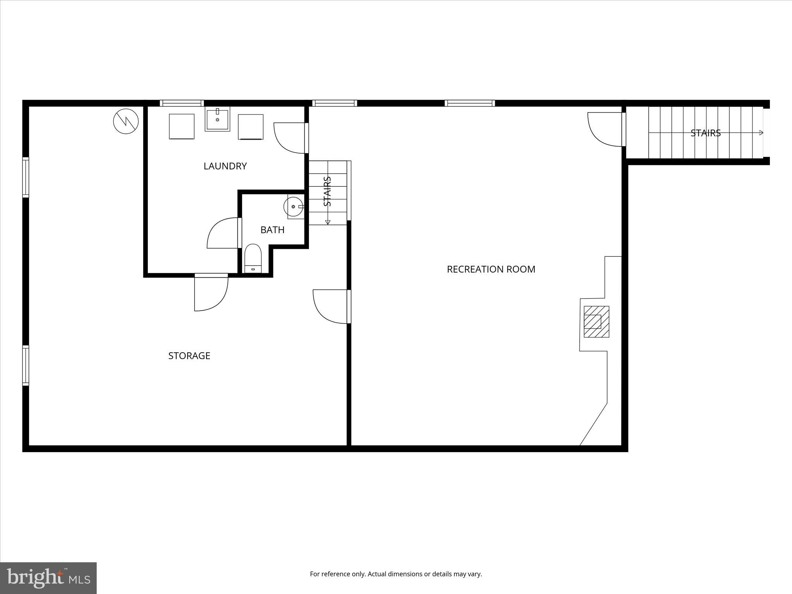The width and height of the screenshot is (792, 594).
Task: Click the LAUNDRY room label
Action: coord(225,166)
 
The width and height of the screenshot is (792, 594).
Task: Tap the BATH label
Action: coord(272,230)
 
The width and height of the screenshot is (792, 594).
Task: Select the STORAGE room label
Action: coord(189,355)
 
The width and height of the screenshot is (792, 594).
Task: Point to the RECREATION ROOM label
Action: coord(491,269)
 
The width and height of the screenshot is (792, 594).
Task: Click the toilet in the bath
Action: coord(253,258)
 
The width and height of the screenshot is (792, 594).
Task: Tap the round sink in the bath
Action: coord(293,207)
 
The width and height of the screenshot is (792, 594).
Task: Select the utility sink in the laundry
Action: coord(217,119)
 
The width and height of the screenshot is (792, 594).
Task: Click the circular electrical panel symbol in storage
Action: coord(126,122)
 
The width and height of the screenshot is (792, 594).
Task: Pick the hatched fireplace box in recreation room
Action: coord(596,321)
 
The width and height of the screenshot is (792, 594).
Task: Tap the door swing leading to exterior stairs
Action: coord(606,129)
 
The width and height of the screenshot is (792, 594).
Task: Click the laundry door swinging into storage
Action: coord(211,293)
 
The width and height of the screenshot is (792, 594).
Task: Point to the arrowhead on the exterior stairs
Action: coord(761,133)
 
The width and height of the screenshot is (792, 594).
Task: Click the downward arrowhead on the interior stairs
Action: coord(328,222)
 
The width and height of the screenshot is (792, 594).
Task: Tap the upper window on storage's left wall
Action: coord(26,177)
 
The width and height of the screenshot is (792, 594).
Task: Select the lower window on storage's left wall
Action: coord(26,365)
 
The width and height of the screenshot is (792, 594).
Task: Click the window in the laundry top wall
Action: coord(182,103)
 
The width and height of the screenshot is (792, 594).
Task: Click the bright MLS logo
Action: coord(48,578)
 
